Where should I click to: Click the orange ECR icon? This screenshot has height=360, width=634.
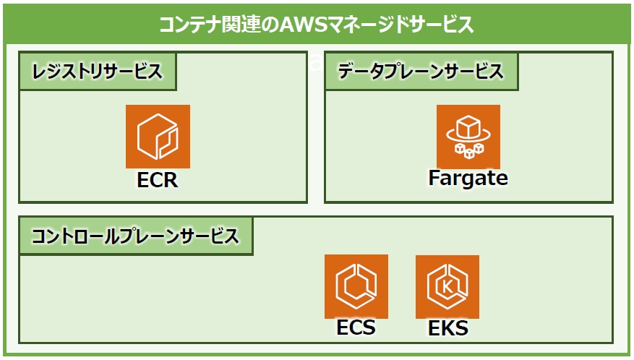158,137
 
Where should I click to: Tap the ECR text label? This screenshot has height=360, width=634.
158,180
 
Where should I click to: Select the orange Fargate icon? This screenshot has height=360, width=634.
468,137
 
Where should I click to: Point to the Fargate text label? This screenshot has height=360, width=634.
468,178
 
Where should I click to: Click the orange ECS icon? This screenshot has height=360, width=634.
356,286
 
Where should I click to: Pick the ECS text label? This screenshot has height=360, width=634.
356,327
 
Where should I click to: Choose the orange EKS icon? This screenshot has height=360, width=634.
447,287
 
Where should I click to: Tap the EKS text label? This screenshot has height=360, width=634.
448,328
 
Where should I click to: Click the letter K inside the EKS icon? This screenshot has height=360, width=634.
447,287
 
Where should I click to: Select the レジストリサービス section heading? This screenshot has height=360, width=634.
98,72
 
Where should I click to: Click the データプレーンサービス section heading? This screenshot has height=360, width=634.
421,72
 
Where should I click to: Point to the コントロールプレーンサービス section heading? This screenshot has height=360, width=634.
135,236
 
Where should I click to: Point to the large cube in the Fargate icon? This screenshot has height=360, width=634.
468,127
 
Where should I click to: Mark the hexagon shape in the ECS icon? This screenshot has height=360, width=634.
356,286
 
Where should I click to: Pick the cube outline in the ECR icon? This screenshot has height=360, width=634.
158,137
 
